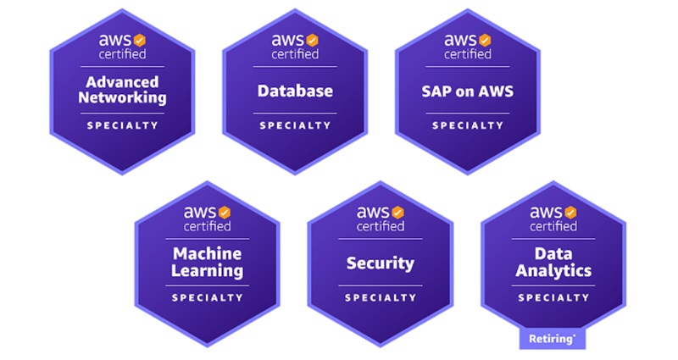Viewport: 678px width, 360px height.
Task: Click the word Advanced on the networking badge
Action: coord(122,82)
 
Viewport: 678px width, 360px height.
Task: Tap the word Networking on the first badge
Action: coord(122,97)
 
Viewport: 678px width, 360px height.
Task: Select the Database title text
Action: coord(295,90)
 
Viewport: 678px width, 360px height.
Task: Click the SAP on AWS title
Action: coord(468,90)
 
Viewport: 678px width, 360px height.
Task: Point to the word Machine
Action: coord(208,254)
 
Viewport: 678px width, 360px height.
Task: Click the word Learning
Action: coord(208,271)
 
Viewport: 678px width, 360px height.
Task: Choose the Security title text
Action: coord(380,263)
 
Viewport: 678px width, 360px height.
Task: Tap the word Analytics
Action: coord(553,271)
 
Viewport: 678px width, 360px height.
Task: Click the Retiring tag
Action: coord(552,339)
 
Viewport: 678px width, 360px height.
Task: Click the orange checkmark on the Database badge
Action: coord(312,40)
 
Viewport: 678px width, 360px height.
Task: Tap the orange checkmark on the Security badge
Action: coord(397,212)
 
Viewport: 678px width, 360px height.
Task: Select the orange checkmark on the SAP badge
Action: coord(485,40)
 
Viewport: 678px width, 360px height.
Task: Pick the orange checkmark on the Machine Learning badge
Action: coord(225,212)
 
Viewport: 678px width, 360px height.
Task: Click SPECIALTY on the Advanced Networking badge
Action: coord(122,125)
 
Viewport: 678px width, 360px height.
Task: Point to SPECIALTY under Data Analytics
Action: coord(553,298)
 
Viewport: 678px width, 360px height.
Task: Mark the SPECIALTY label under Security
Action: coord(380,298)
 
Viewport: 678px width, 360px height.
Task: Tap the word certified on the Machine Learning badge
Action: coord(207,226)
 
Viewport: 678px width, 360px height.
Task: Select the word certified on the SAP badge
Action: coord(468,54)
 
